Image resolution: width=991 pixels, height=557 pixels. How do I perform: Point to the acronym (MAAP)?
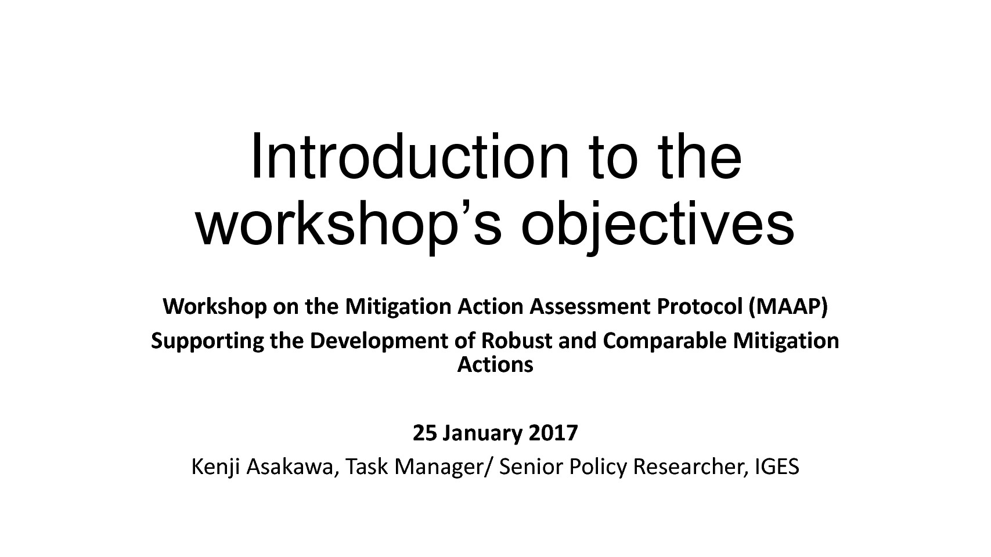pos(788,307)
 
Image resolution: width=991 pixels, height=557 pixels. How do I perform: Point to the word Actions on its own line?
pos(495,365)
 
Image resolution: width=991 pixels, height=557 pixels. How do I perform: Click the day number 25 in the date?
pos(425,433)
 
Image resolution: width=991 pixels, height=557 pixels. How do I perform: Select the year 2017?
pos(553,433)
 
